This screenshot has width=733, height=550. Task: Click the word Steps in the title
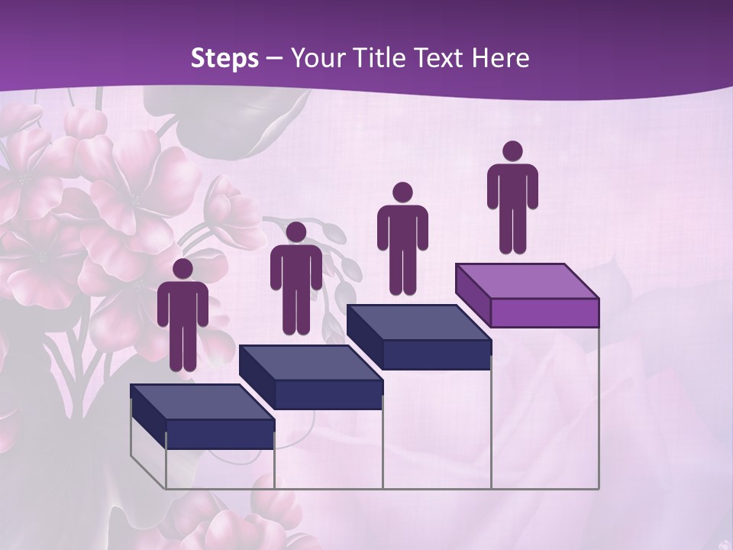(x=224, y=59)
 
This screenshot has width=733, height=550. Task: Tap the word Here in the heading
(x=499, y=59)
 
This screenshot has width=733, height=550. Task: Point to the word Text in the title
(x=441, y=59)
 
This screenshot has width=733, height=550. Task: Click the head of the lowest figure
(x=182, y=269)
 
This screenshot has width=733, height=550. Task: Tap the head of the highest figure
(x=512, y=151)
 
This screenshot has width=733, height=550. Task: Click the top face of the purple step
(x=526, y=281)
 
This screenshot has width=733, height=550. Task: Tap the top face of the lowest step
(x=202, y=402)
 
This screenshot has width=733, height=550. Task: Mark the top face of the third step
(x=418, y=323)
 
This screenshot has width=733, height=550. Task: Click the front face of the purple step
(x=544, y=312)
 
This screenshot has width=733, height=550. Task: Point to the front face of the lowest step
(x=220, y=434)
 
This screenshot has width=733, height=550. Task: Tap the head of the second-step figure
(x=295, y=232)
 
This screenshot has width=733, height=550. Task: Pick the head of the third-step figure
(x=402, y=192)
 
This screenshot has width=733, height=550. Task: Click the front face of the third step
(x=436, y=354)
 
